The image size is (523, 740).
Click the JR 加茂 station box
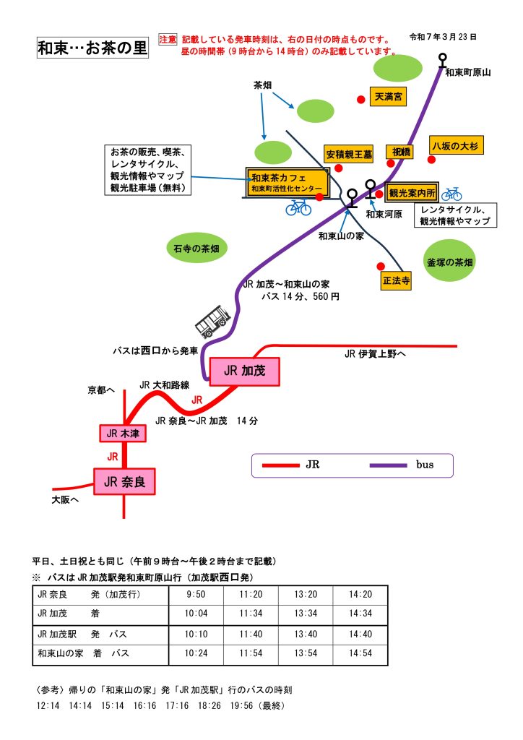244,371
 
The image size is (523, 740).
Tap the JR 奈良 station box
124,481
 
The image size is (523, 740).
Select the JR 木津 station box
123,434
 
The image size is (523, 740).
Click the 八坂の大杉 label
455,145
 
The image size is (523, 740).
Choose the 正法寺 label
397,280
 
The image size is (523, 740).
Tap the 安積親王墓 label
349,154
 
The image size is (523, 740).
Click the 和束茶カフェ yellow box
287,182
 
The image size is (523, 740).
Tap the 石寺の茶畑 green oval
196,249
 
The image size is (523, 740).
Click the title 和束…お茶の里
92,49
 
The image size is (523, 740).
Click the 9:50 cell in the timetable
195,594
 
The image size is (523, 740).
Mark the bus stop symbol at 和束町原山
442,59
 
